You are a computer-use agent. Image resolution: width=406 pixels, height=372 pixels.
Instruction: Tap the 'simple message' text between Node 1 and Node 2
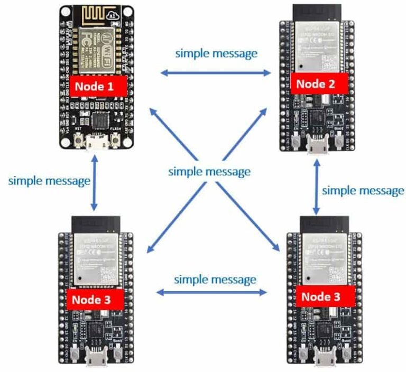(216, 53)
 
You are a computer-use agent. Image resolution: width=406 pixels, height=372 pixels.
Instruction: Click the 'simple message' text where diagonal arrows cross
(209, 172)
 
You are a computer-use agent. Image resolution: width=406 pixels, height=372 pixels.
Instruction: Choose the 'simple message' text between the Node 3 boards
(215, 279)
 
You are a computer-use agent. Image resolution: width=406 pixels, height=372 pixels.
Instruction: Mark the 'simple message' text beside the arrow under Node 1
(49, 181)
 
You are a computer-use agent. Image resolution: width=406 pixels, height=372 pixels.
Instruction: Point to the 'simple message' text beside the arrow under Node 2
(363, 190)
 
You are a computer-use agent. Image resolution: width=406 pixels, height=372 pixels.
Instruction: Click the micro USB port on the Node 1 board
(97, 143)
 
